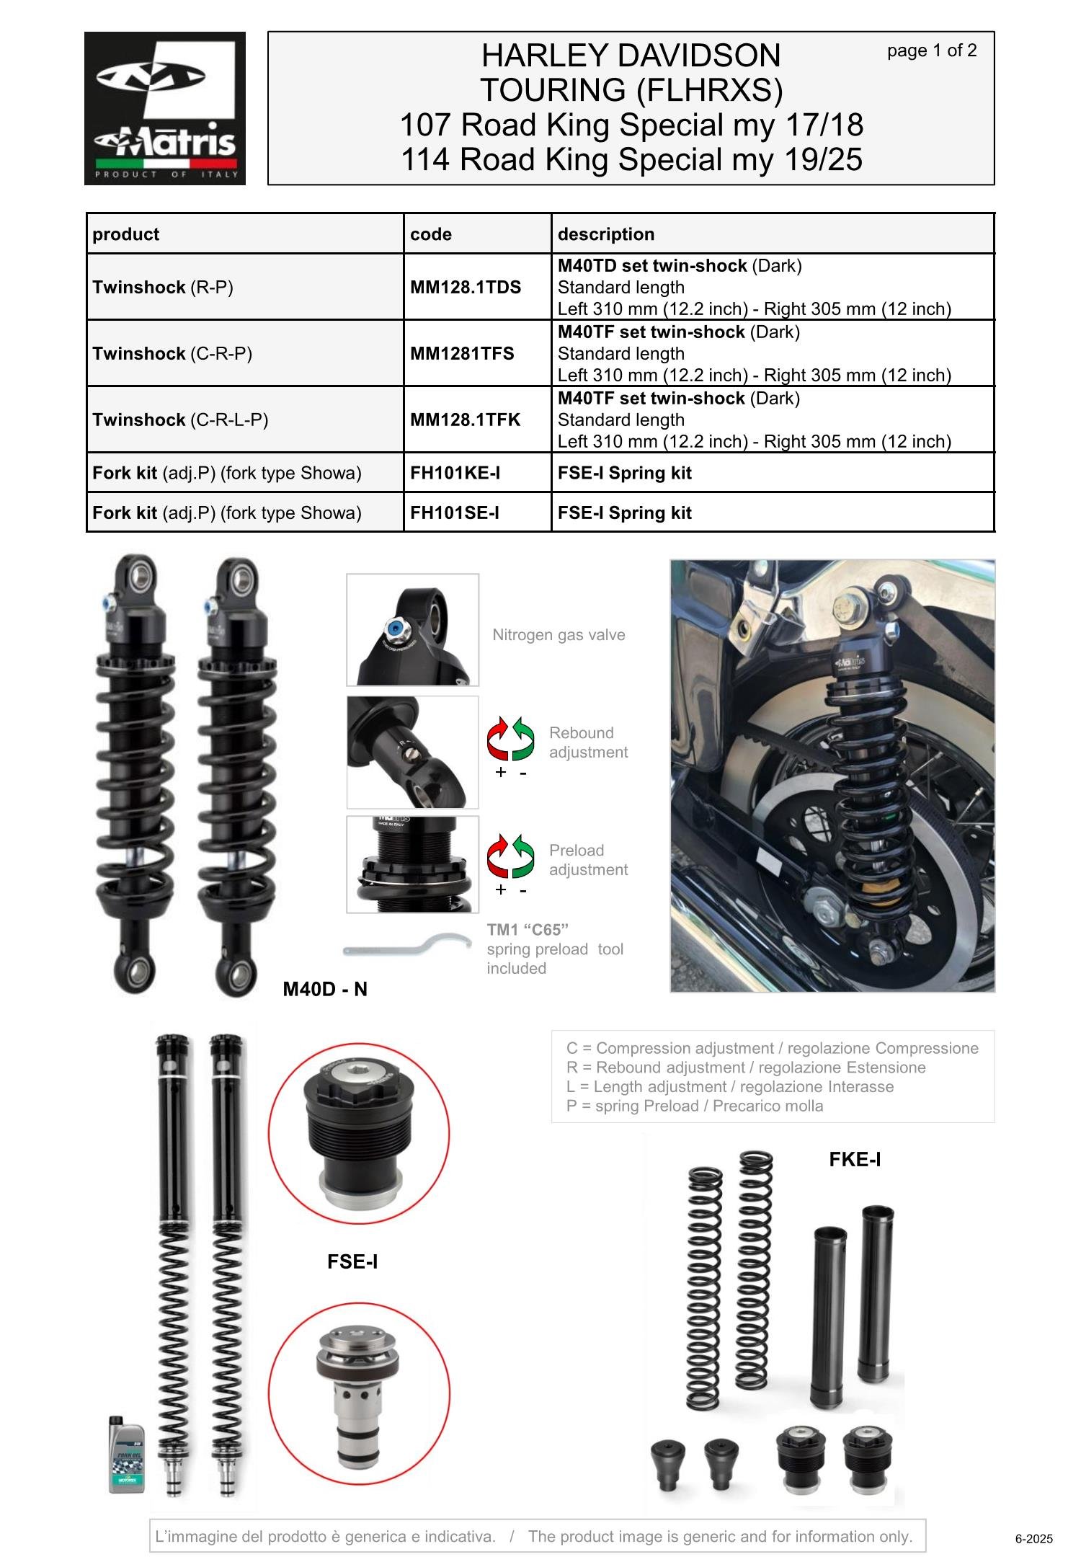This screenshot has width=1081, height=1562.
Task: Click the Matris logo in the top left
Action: coord(164,108)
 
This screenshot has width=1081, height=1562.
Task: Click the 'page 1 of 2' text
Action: coord(931,50)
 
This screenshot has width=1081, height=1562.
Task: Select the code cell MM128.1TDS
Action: coord(466,287)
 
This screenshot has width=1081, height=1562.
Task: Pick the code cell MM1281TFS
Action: coord(462,353)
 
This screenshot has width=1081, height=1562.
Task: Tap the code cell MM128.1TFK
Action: coord(465,420)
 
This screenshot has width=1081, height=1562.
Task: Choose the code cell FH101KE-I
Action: coord(455,473)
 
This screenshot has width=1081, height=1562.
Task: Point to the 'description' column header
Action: coord(606,234)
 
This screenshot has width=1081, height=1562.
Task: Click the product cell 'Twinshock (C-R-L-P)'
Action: coord(180,420)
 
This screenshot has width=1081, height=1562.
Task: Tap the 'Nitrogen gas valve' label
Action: coord(559,635)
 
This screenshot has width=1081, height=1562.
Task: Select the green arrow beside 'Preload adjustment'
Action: coord(524,855)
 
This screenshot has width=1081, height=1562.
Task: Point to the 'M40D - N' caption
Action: coord(325,989)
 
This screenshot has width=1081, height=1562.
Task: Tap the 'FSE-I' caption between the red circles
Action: coord(352,1261)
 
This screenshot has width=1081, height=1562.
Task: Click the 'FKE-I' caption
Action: coord(855,1159)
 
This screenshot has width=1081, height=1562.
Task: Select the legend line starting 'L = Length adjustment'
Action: coord(729,1086)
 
